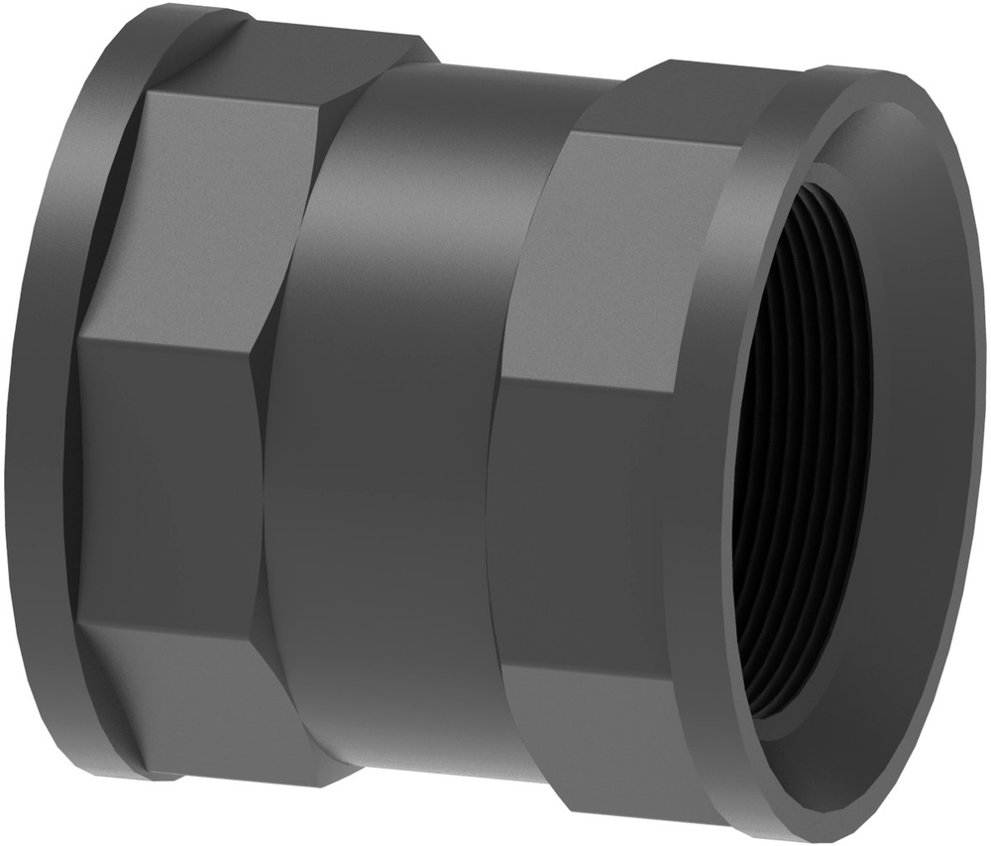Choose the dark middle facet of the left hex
point(168,476)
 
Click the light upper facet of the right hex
point(614,248)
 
